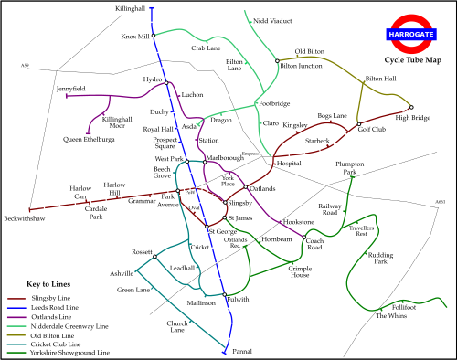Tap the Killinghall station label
(131, 7)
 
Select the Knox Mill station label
(134, 37)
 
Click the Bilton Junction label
(301, 66)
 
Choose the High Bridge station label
(412, 118)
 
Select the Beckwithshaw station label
(24, 219)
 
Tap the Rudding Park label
(380, 258)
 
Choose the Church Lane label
(177, 326)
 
